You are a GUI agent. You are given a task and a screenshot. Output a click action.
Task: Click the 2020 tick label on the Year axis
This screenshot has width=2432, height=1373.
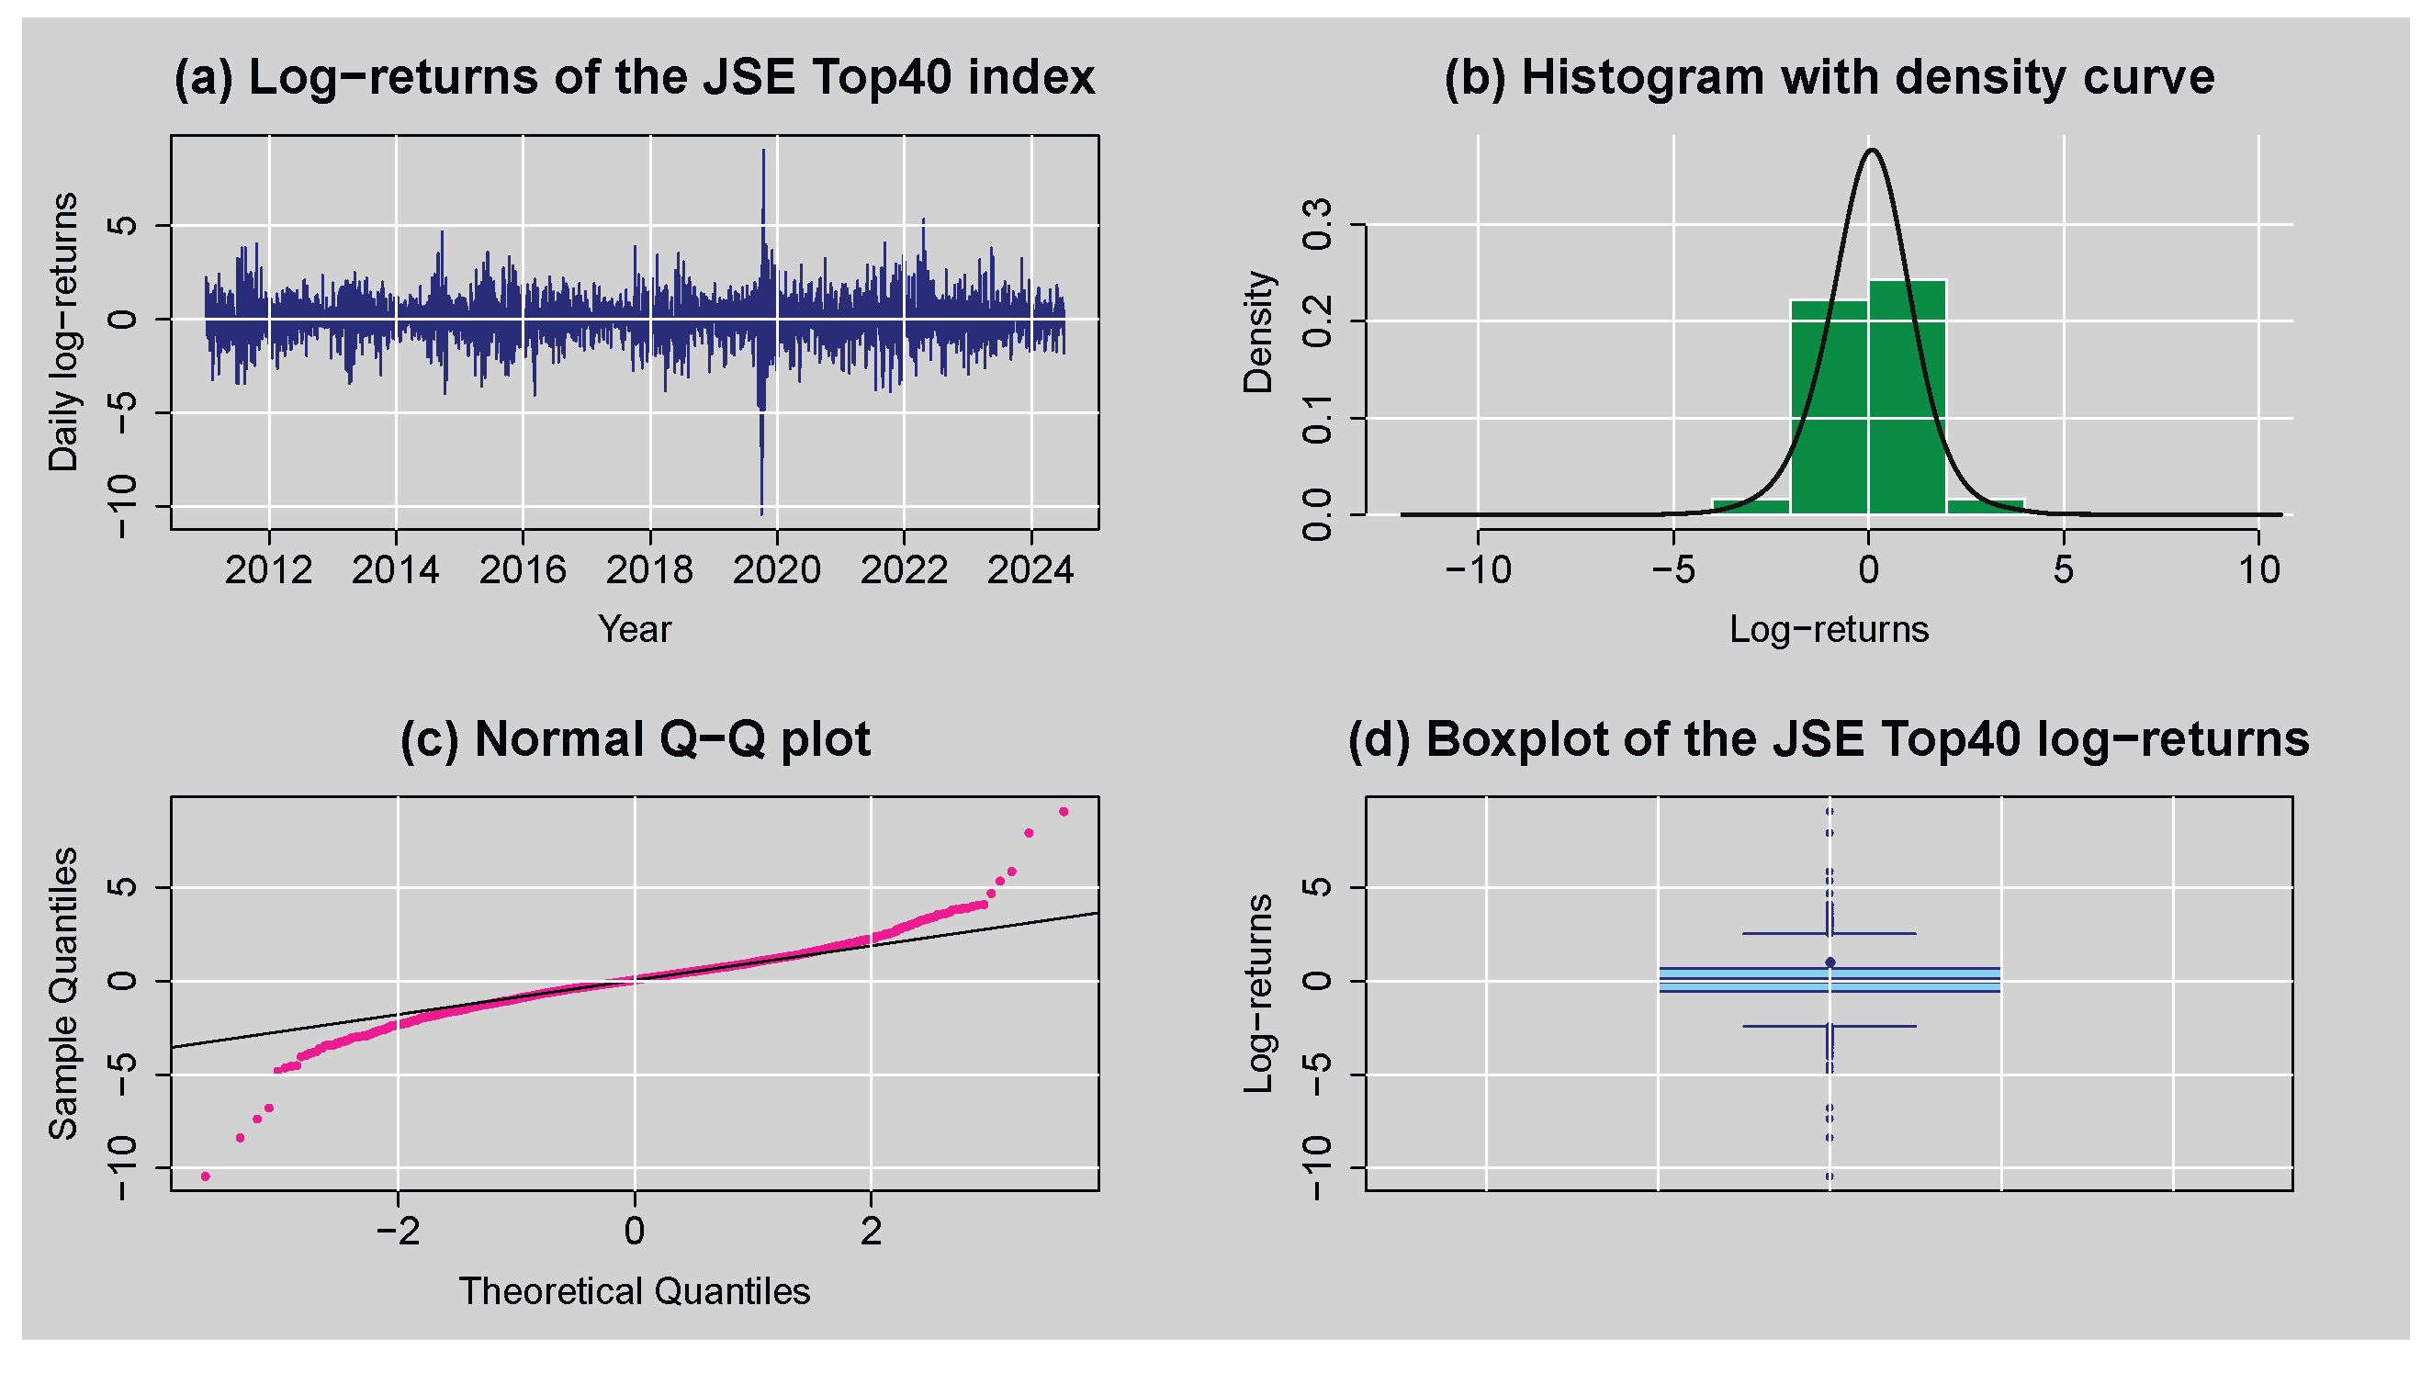(776, 570)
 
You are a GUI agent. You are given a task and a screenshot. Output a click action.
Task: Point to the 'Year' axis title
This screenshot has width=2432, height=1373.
(635, 629)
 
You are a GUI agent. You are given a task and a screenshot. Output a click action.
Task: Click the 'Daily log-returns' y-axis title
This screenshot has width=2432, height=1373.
(64, 332)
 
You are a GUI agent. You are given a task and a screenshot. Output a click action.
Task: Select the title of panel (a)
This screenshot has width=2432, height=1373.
(635, 77)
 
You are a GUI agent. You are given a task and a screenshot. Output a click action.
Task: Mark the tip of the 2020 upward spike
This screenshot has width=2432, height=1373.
(763, 152)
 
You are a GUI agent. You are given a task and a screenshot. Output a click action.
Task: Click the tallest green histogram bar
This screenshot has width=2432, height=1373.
(1906, 397)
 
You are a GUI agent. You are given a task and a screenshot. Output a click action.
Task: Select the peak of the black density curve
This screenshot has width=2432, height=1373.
(1871, 150)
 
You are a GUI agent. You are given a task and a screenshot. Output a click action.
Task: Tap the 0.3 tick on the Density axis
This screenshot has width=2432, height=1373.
(1316, 224)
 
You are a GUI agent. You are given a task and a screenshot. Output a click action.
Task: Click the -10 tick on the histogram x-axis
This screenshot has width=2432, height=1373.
(1478, 570)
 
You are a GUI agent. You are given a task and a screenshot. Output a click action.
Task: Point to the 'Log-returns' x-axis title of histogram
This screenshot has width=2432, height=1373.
(1829, 629)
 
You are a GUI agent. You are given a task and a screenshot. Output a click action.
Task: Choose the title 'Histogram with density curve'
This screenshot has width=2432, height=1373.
(1829, 77)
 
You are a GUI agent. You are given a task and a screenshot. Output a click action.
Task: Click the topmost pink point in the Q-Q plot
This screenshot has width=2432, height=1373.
(1063, 812)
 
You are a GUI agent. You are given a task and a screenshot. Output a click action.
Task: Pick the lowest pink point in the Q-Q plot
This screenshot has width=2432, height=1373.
(206, 1176)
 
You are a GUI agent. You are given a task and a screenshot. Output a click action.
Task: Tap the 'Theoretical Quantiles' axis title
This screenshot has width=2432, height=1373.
(635, 1291)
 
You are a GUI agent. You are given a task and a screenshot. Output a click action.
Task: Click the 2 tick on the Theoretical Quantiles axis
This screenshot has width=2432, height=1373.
(871, 1232)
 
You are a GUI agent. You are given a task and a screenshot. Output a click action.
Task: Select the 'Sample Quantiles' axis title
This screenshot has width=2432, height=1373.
(64, 994)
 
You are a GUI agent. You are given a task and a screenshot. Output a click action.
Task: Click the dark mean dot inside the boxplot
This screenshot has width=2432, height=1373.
(1830, 962)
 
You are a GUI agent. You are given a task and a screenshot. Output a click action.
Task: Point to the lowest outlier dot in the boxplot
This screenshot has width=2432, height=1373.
(1829, 1176)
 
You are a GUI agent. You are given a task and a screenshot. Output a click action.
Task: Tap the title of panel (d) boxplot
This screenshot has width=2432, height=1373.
(1829, 739)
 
